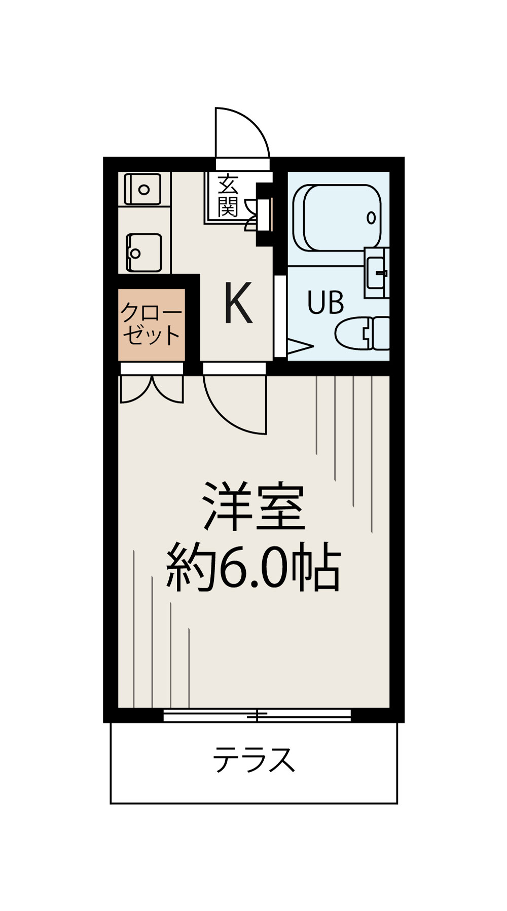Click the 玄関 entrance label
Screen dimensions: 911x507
click(228, 196)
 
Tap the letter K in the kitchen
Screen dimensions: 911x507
click(238, 303)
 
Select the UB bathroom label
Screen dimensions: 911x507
click(325, 303)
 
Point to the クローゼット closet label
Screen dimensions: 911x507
click(151, 324)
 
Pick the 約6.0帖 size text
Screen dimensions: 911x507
click(253, 568)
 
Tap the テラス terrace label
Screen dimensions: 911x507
click(253, 759)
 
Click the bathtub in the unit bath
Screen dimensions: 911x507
click(337, 217)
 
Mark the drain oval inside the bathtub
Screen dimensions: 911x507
click(371, 218)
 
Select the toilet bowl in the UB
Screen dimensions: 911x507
click(363, 333)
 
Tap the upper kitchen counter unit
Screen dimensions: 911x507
click(143, 189)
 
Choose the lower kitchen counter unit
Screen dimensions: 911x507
click(144, 252)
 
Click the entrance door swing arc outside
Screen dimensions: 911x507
click(242, 133)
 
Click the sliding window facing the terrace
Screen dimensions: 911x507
click(257, 715)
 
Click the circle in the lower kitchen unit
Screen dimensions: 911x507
click(135, 252)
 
